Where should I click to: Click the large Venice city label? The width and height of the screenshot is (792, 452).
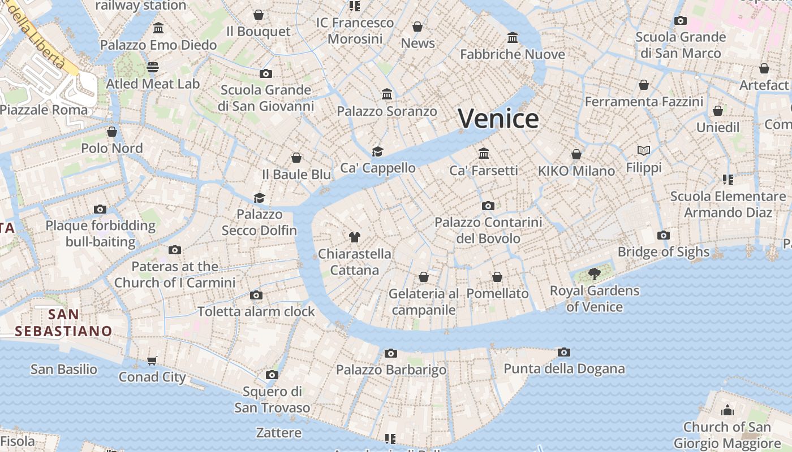(498, 119)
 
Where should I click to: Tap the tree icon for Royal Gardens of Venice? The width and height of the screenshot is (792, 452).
(594, 275)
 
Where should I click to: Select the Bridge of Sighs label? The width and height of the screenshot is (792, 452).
(663, 252)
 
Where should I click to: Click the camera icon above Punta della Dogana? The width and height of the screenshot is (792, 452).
(563, 353)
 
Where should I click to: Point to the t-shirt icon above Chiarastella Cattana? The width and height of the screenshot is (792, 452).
(355, 237)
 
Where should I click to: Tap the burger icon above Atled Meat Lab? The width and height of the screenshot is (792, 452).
(152, 67)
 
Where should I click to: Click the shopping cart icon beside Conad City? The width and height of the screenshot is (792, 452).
(152, 360)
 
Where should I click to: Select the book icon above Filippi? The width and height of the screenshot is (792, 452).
(643, 151)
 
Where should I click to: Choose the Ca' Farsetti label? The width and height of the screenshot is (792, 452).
(483, 170)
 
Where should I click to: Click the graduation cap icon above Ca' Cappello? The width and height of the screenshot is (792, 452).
(377, 151)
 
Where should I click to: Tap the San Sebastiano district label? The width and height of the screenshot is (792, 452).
(63, 323)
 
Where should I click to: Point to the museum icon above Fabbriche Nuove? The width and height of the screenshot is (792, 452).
(513, 38)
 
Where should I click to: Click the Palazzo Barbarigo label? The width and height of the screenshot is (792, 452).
(391, 370)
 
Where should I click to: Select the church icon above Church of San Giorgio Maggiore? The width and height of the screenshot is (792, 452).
(727, 410)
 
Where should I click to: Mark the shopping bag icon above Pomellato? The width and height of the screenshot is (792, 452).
(497, 277)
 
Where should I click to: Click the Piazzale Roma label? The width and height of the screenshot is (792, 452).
(44, 110)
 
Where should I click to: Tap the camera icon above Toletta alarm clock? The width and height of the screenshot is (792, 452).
(256, 295)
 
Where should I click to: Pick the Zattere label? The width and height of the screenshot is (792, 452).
(278, 433)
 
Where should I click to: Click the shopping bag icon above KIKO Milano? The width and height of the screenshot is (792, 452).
(576, 154)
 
